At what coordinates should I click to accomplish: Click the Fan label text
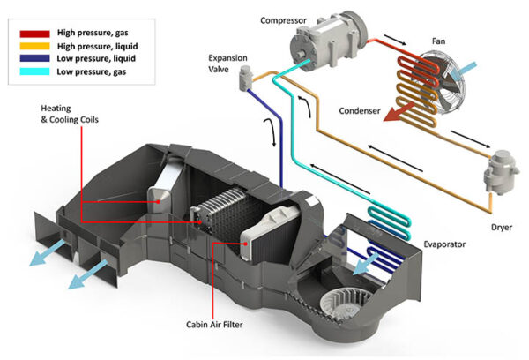tap(439, 41)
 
